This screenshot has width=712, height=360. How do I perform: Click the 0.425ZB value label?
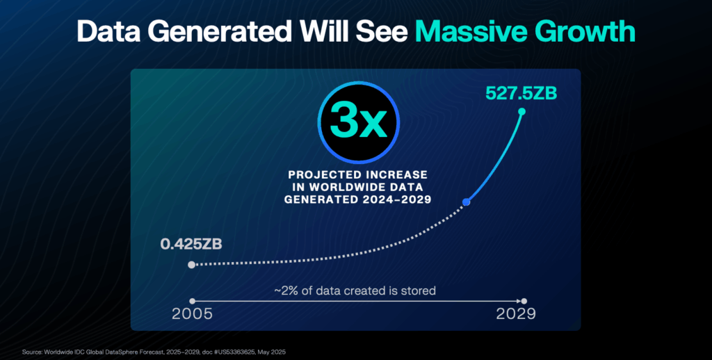click(191, 244)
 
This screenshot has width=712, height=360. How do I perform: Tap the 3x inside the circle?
click(358, 122)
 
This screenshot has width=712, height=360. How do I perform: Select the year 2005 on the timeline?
click(192, 314)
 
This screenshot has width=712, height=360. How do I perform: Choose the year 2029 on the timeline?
click(516, 314)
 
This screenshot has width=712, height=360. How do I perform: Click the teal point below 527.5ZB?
click(521, 111)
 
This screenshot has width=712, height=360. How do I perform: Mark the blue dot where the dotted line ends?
click(466, 202)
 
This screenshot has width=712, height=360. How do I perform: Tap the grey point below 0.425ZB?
click(192, 264)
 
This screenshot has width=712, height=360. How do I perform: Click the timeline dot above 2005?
click(192, 301)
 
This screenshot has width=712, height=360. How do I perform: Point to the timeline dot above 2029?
click(524, 301)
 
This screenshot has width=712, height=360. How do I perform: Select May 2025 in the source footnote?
click(275, 352)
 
